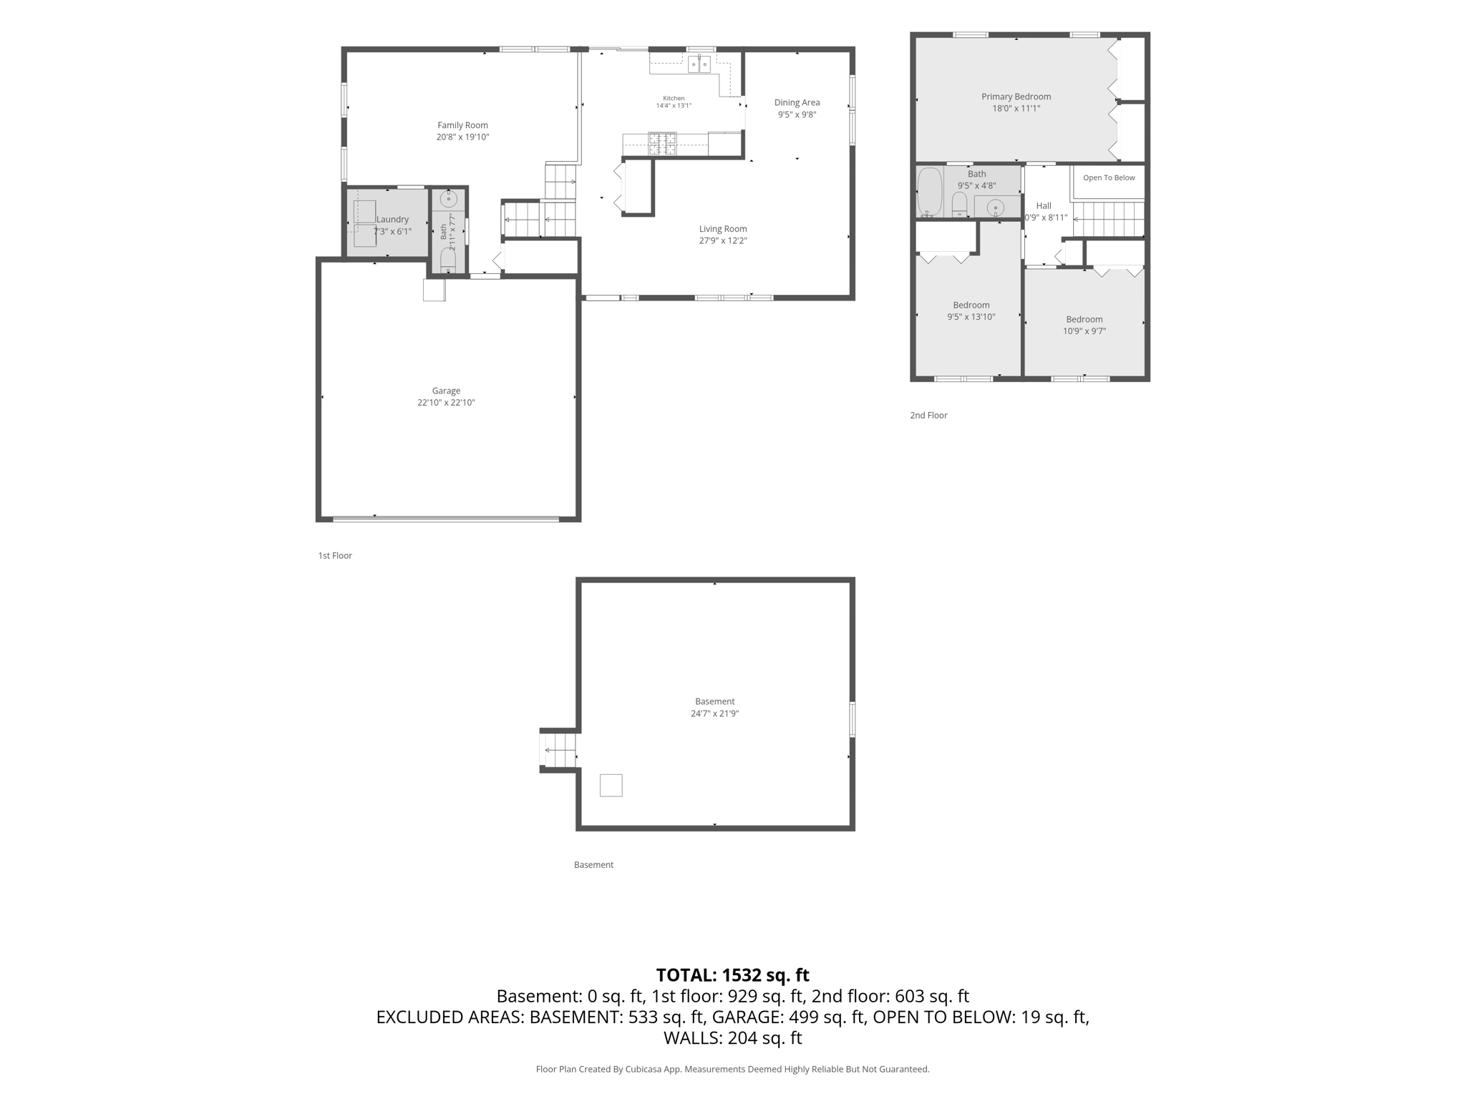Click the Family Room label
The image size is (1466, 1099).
pyautogui.click(x=462, y=125)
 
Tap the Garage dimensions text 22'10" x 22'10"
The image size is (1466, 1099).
pyautogui.click(x=446, y=403)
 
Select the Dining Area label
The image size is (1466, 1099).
pyautogui.click(x=797, y=102)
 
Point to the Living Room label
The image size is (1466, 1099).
pyautogui.click(x=723, y=229)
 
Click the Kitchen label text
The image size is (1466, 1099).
pyautogui.click(x=674, y=98)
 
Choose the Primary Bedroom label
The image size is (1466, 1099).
pyautogui.click(x=1016, y=97)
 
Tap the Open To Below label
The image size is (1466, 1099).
pyautogui.click(x=1109, y=177)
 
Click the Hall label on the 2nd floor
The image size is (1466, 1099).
pyautogui.click(x=1044, y=206)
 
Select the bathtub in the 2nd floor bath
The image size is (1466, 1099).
pyautogui.click(x=930, y=192)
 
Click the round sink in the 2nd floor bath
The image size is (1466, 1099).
pyautogui.click(x=995, y=208)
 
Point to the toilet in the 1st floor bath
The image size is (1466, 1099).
pyautogui.click(x=448, y=260)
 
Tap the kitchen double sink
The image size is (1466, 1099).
pyautogui.click(x=699, y=64)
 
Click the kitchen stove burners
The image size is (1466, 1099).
pyautogui.click(x=662, y=144)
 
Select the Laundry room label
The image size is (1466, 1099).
pyautogui.click(x=392, y=220)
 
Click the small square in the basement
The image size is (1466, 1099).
pyautogui.click(x=611, y=785)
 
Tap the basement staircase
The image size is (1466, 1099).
pyautogui.click(x=559, y=750)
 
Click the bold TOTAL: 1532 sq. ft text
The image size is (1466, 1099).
pyautogui.click(x=733, y=975)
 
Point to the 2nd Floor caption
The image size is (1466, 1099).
pyautogui.click(x=928, y=415)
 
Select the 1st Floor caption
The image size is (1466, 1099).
pyautogui.click(x=335, y=555)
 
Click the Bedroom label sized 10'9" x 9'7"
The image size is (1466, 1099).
pyautogui.click(x=1084, y=320)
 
